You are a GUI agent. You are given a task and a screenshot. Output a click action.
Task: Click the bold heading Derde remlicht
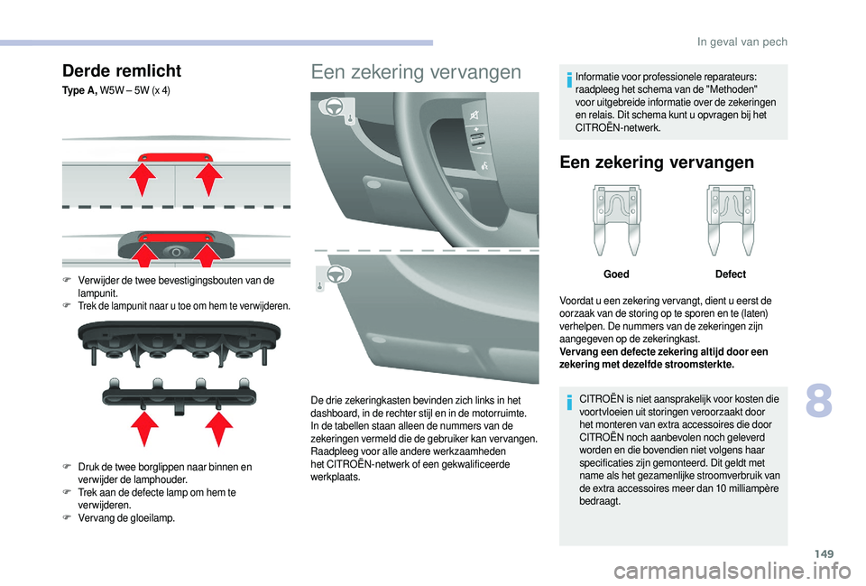click(x=122, y=70)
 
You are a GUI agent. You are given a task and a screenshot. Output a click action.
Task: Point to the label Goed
click(x=616, y=274)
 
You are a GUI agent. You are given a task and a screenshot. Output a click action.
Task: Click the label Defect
click(x=730, y=274)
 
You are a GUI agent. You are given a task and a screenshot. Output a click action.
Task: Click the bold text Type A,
click(x=82, y=91)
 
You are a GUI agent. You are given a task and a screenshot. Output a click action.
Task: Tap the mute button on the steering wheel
click(x=473, y=113)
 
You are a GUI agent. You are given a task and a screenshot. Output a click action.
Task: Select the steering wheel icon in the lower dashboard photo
click(x=334, y=273)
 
